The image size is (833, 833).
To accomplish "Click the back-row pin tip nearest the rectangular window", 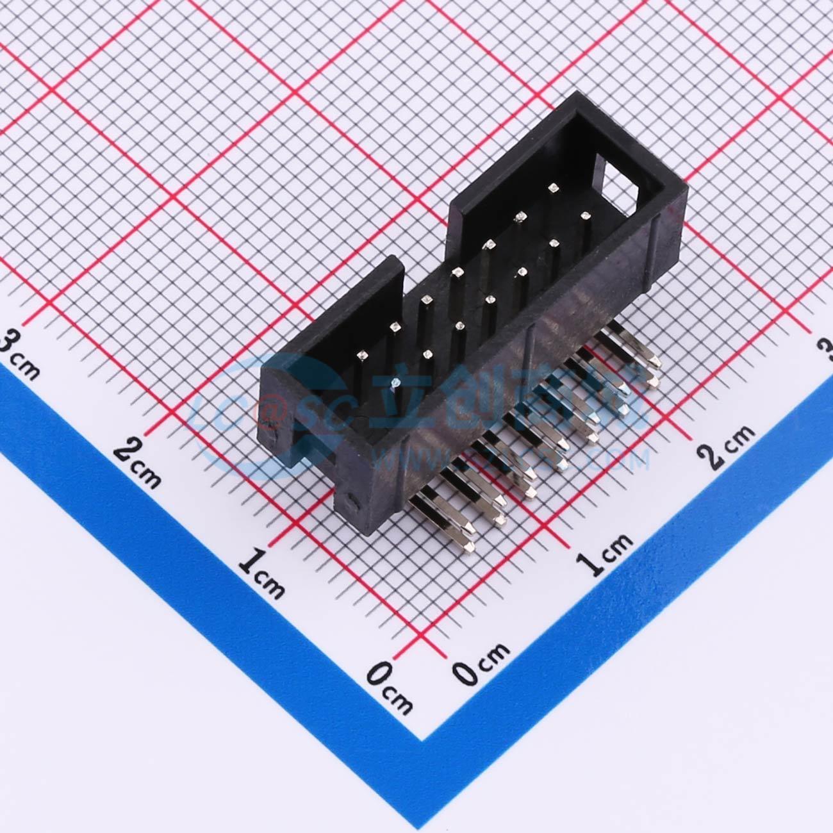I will tap(552, 188).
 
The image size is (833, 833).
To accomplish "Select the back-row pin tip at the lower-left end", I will tap(363, 354).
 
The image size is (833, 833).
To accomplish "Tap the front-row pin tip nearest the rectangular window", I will tap(584, 217).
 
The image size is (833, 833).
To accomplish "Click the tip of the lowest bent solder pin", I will tap(471, 547).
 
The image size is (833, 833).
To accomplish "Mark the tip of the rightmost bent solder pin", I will tap(654, 383).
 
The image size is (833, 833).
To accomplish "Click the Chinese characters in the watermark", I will tap(513, 404).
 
